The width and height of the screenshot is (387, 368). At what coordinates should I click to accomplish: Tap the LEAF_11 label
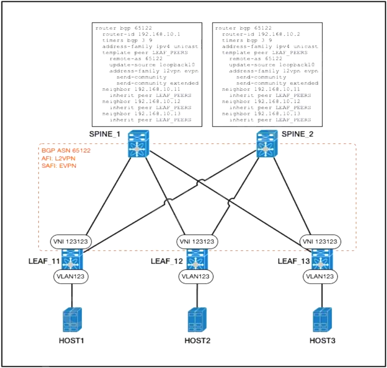(x=43, y=261)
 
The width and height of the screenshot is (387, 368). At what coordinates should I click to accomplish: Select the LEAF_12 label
(x=166, y=261)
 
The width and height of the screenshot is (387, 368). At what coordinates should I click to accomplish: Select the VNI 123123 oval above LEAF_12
(x=197, y=242)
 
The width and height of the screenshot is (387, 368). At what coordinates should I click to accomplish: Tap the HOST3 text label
(x=322, y=341)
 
